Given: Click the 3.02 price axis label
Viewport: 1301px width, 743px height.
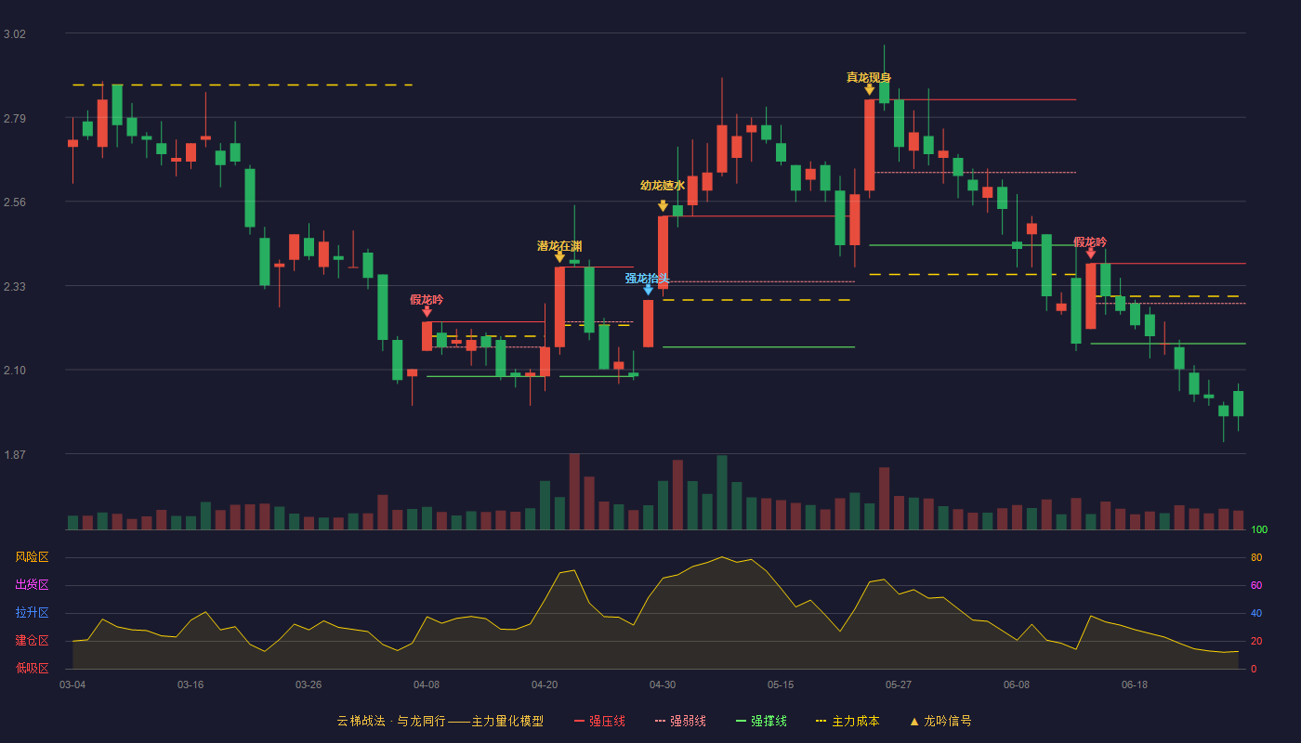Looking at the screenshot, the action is (x=15, y=34).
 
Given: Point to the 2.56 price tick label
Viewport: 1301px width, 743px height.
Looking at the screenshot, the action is (x=15, y=202).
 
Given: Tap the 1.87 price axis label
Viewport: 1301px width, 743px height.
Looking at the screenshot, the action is (x=15, y=455).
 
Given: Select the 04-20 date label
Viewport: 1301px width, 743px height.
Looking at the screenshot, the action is (x=545, y=685).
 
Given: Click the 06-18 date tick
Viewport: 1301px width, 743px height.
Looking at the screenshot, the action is (x=1135, y=685).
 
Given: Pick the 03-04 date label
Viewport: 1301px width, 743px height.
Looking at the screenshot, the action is (x=72, y=685).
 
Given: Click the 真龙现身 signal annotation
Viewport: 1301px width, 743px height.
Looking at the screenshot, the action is (x=868, y=77).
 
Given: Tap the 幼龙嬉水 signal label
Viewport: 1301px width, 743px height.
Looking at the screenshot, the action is (x=662, y=185).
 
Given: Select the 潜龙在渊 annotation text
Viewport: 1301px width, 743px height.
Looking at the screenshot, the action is (x=559, y=246).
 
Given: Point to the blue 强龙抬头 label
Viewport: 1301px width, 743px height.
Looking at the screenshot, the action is (x=647, y=279).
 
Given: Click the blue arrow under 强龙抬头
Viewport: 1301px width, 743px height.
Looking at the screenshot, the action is (x=649, y=290).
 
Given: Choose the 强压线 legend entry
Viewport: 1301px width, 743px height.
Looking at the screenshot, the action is (x=599, y=722).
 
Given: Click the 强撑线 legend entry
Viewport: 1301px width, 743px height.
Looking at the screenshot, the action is (x=761, y=722).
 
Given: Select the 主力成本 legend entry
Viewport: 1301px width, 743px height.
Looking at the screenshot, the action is (x=848, y=722).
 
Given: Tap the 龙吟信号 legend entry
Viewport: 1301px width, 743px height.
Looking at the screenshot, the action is (x=940, y=722).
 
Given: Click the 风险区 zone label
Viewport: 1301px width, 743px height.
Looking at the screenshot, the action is (x=32, y=557).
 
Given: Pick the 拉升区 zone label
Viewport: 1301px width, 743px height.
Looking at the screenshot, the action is (x=32, y=613).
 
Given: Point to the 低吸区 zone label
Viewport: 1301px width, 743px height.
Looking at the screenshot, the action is (x=32, y=669).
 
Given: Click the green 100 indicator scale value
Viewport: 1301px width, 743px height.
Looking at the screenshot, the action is (x=1259, y=529).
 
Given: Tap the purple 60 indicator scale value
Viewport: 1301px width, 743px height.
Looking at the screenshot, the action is (x=1256, y=585).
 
